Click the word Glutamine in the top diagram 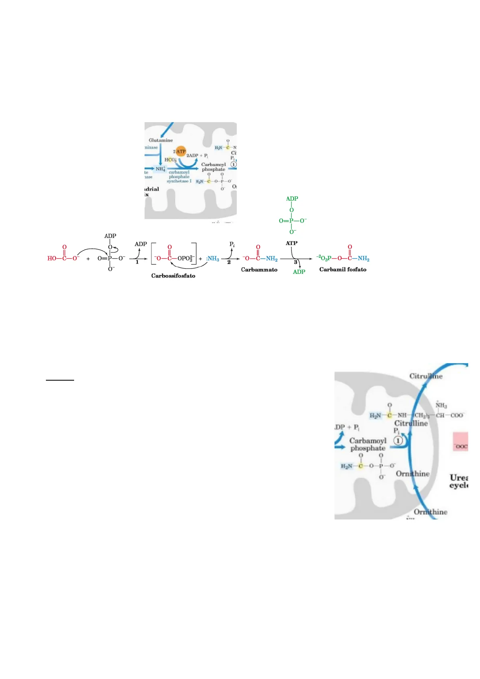pyautogui.click(x=161, y=140)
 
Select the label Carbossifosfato pyautogui.click(x=173, y=276)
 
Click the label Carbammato pyautogui.click(x=259, y=270)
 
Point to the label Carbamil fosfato pyautogui.click(x=343, y=269)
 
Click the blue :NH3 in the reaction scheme pyautogui.click(x=213, y=259)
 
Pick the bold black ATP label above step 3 pyautogui.click(x=292, y=243)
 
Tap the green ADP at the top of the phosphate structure pyautogui.click(x=292, y=199)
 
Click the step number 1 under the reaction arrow pyautogui.click(x=137, y=262)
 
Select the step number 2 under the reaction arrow pyautogui.click(x=229, y=262)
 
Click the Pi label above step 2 pyautogui.click(x=232, y=244)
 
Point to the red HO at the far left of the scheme pyautogui.click(x=52, y=258)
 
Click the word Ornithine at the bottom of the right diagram pyautogui.click(x=430, y=512)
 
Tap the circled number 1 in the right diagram pyautogui.click(x=398, y=440)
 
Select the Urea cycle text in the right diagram pyautogui.click(x=459, y=481)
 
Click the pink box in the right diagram pyautogui.click(x=460, y=441)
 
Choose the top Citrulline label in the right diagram pyautogui.click(x=426, y=376)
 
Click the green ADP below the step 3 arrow pyautogui.click(x=299, y=272)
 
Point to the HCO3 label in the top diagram pyautogui.click(x=170, y=160)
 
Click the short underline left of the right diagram pyautogui.click(x=60, y=380)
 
